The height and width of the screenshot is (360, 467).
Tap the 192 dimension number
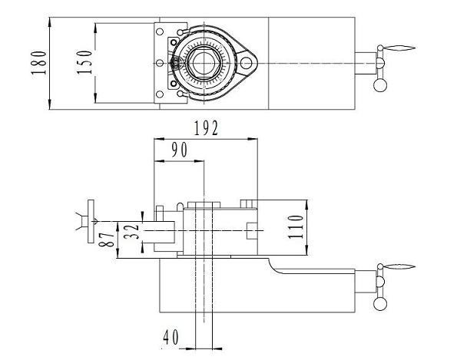[x=205, y=129]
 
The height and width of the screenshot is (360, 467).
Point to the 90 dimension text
[x=179, y=150]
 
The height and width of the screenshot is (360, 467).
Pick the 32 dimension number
[x=130, y=231]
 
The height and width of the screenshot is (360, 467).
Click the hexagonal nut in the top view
[x=204, y=61]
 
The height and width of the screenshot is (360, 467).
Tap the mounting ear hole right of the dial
[x=247, y=61]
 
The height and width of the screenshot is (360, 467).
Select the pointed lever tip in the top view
[x=399, y=50]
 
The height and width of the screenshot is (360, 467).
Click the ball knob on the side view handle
[x=379, y=303]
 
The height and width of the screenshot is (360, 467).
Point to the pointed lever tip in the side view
[x=399, y=268]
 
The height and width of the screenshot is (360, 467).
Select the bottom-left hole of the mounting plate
[x=160, y=94]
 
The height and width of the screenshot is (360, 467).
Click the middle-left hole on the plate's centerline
[x=160, y=62]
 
